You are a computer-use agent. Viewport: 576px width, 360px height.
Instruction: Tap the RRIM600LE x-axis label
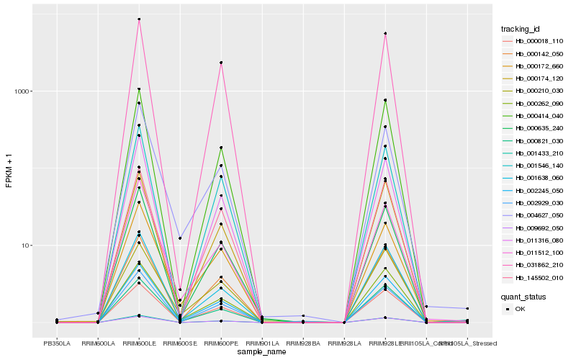tap(139, 343)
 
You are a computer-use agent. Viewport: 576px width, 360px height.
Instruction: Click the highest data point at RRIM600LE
tap(139, 19)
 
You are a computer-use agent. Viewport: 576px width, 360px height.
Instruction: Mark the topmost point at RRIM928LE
tap(385, 33)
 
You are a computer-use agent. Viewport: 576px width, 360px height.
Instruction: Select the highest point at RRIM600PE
tap(221, 63)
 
